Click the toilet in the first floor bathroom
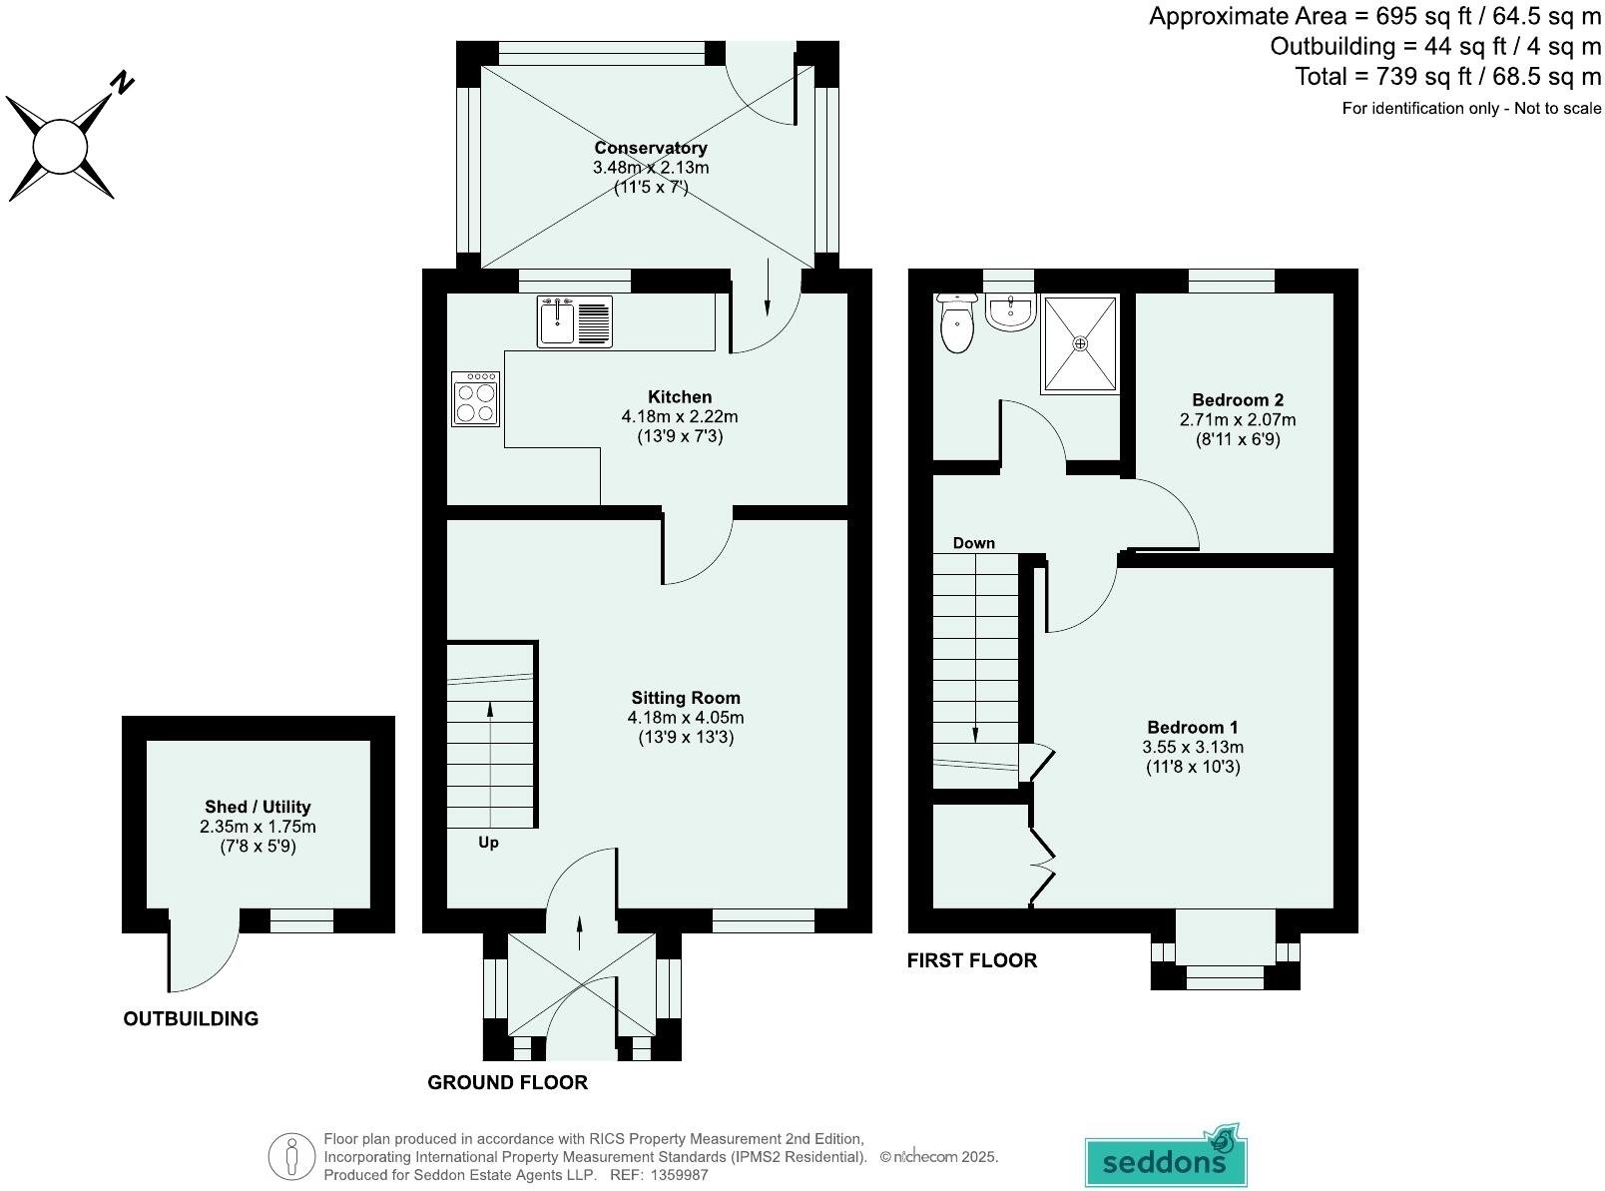(957, 323)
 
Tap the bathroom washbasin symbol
(1010, 312)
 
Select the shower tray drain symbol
(1080, 342)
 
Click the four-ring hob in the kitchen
(475, 398)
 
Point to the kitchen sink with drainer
(575, 321)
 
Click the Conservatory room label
(651, 148)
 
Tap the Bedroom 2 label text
(1237, 400)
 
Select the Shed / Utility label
(258, 807)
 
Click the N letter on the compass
(122, 82)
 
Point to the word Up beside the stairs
(488, 843)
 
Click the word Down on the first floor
(973, 543)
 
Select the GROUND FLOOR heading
(507, 1082)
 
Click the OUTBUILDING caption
(191, 1018)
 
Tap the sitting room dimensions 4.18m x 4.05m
(685, 718)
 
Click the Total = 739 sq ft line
(1447, 76)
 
